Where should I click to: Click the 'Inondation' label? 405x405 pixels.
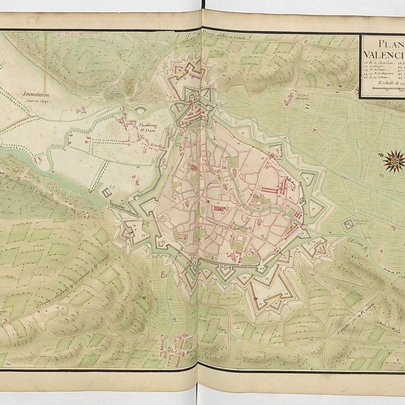click(37, 93)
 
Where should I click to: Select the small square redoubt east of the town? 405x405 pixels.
click(348, 224)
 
